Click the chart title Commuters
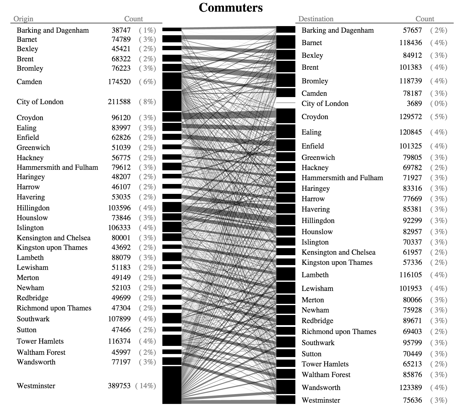click(231, 8)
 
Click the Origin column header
click(23, 19)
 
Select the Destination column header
click(316, 19)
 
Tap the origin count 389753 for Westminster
click(119, 386)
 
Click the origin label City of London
click(40, 102)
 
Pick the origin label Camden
click(29, 82)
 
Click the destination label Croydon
click(315, 117)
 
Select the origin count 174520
click(119, 82)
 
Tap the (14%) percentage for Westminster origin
click(146, 386)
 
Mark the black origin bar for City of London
click(172, 101)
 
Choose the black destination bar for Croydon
click(286, 116)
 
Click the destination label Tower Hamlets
click(325, 364)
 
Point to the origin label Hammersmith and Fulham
click(57, 168)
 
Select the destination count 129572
click(411, 117)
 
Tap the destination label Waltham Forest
click(326, 375)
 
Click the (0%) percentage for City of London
click(439, 104)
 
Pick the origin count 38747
click(121, 30)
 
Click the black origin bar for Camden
click(172, 81)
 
